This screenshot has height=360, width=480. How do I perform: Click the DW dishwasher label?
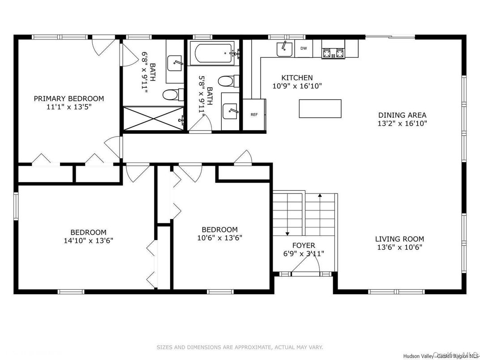point(304,48)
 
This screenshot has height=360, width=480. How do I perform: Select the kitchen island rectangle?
point(320,108)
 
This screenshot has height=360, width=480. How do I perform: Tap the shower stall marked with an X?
point(153,119)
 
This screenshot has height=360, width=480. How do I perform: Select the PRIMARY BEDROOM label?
point(69,99)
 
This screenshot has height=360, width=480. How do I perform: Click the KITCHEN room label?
point(297,78)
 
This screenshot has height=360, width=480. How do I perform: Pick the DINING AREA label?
point(402,115)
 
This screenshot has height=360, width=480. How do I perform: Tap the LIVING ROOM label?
point(399,239)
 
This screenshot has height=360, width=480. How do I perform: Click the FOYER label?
point(304,245)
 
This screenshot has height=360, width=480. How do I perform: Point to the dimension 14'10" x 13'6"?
point(88,240)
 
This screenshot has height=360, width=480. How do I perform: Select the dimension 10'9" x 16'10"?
point(297,86)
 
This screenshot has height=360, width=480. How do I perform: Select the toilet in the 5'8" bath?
point(226,81)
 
